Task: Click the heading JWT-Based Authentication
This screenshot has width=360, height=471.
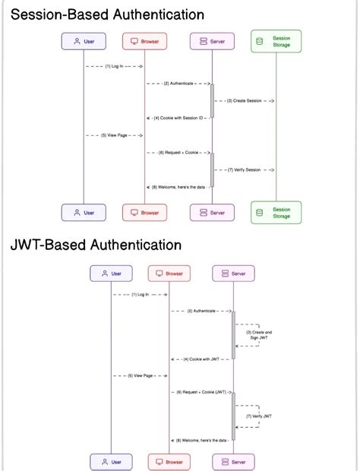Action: (96, 245)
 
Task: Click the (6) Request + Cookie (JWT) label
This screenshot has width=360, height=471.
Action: (201, 392)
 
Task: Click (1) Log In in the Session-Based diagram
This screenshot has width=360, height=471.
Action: (114, 66)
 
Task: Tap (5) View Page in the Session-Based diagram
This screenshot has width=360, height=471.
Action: (114, 135)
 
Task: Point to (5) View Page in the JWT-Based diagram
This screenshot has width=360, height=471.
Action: (140, 375)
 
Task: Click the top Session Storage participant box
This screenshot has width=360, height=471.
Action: (276, 41)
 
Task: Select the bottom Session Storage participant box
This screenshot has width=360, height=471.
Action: (276, 213)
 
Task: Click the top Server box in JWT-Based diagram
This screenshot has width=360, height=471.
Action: (233, 273)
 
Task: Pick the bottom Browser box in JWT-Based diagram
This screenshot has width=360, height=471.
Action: (169, 461)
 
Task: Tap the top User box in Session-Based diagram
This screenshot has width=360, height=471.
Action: (84, 41)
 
